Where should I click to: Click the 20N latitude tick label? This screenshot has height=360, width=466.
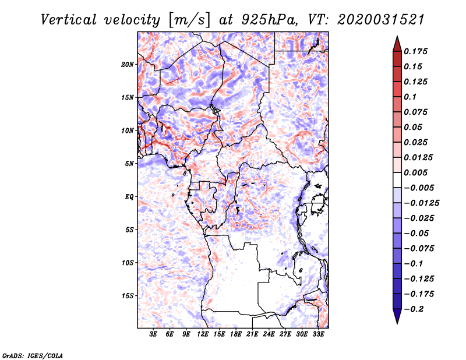128,64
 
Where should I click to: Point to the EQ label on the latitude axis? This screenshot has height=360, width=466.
129,197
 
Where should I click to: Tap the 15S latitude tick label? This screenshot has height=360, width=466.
128,296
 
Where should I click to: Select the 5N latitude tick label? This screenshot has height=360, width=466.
129,164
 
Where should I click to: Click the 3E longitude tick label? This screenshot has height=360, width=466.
154,334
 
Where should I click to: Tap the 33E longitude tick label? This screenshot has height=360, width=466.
319,334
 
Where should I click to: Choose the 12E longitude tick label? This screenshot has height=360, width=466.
203,334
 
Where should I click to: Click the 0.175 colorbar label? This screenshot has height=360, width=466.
416,51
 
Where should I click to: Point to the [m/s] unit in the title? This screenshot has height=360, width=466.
188,19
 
